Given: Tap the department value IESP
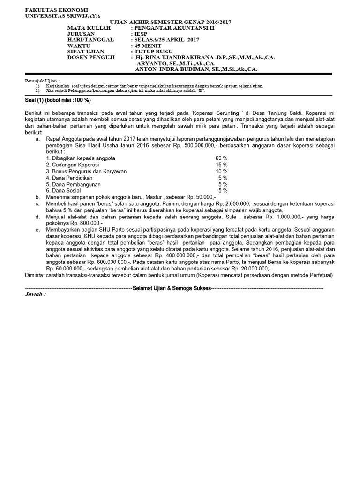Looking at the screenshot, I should [141, 34].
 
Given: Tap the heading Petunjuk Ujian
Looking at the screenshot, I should [42, 81].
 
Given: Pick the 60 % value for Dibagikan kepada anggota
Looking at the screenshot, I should [221, 158].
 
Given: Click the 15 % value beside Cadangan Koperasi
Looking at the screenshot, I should [221, 165].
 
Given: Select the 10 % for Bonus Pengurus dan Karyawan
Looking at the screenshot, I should [221, 171].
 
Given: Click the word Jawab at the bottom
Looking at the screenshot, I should [35, 294].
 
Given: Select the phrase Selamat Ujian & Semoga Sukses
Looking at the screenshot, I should [172, 288].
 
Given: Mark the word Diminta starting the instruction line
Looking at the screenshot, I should [35, 275].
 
